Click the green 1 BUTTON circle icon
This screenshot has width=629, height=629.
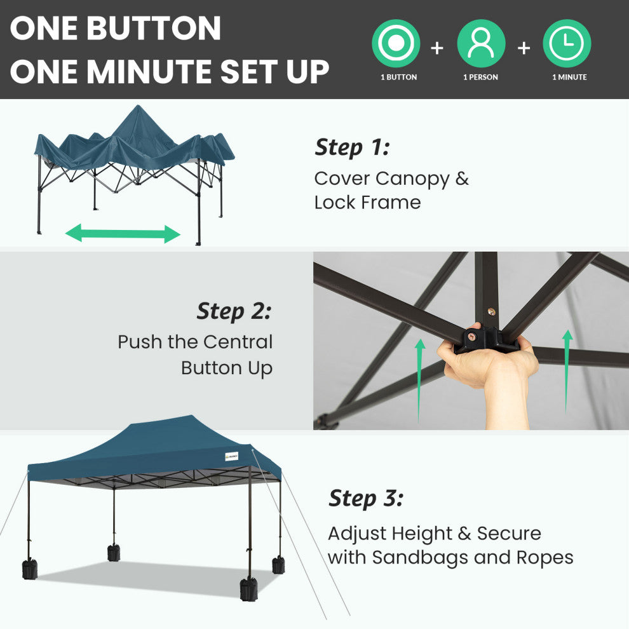(396, 43)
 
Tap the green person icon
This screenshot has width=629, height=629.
(481, 43)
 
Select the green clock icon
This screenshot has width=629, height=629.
(567, 43)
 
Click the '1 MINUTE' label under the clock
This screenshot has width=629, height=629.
(569, 77)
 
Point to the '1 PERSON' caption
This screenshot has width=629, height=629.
(480, 77)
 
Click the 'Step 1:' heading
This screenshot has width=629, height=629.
(352, 147)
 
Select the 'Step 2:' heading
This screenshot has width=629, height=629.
(234, 311)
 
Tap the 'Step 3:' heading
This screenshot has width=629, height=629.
(366, 499)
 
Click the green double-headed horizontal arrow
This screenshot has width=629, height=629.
(123, 233)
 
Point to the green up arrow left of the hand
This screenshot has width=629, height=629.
(420, 381)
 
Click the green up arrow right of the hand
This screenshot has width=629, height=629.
(567, 371)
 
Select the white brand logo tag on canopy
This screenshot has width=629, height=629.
(231, 457)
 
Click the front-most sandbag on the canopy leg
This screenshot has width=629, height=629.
(248, 589)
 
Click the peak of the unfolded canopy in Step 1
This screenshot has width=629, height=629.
(139, 105)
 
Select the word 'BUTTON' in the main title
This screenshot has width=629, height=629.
(154, 28)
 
